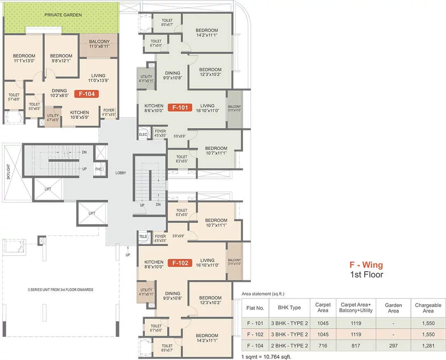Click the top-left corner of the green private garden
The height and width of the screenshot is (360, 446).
(3, 3)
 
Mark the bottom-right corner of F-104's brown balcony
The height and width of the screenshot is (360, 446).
(118, 57)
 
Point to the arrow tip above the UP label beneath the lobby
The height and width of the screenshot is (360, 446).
(128, 245)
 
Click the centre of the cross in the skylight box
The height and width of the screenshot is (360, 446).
(12, 173)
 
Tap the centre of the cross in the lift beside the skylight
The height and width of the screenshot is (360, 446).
(48, 189)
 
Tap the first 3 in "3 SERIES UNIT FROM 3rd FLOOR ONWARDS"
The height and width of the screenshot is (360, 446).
(29, 290)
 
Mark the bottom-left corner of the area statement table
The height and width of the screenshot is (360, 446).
(242, 351)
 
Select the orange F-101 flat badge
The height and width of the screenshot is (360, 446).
(180, 108)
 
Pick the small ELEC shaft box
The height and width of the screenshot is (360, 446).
(143, 134)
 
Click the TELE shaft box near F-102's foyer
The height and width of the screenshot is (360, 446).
(143, 237)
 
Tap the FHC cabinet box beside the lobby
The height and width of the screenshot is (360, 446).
(99, 169)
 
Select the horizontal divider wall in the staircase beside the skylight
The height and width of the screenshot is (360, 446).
(64, 161)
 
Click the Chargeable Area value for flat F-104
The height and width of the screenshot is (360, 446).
(428, 346)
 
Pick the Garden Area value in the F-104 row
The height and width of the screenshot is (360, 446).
(393, 346)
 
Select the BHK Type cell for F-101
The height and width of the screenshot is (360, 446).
(289, 323)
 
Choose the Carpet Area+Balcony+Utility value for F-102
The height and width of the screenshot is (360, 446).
(356, 334)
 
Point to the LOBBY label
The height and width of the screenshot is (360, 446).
(120, 173)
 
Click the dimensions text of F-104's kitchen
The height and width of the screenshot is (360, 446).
(80, 117)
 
